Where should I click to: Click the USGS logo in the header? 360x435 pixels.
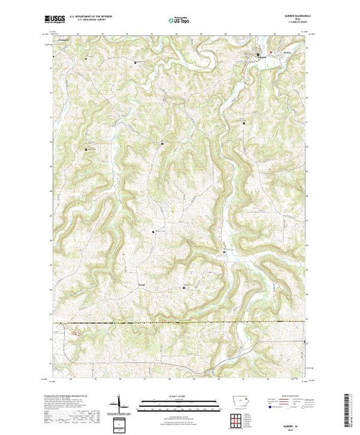coord(57,19)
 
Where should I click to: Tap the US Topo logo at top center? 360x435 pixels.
coord(180,19)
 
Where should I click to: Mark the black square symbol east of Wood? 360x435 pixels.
coord(183,287)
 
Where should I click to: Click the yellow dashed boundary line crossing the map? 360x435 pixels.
coord(180,322)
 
